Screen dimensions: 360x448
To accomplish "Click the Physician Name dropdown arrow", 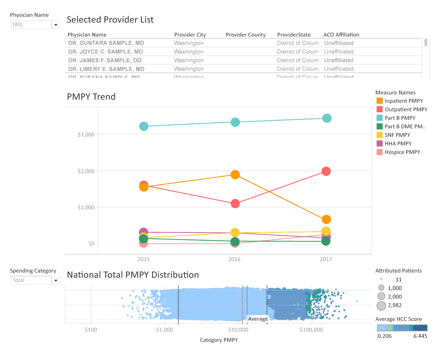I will pos(56,25).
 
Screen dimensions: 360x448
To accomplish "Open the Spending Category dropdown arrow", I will pos(56,280).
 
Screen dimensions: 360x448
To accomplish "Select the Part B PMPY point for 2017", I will pos(327,118).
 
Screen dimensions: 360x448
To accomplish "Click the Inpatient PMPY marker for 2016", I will pos(235,175).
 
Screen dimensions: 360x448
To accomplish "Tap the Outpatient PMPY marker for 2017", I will pos(326,171).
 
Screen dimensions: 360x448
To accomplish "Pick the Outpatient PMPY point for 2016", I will pos(235,204).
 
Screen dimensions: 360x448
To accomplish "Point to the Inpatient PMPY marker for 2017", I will pos(326,219).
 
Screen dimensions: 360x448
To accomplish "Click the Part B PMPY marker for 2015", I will pos(144,126).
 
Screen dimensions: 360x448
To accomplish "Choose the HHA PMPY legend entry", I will pos(398,143).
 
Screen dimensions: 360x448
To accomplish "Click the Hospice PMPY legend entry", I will pos(402,152).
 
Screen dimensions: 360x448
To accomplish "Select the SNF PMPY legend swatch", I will pos(380,135).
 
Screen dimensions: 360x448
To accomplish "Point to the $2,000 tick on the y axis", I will pos(86,171).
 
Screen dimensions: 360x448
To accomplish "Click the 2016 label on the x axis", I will pos(234,259).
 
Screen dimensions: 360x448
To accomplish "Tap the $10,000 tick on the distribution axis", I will pos(238,330).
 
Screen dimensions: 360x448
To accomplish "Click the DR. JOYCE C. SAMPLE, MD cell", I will pos(106,52).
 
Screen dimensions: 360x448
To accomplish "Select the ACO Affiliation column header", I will pos(341,35).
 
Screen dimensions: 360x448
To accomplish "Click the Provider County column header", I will pos(246,35).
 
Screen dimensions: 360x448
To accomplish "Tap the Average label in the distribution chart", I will pos(258,319).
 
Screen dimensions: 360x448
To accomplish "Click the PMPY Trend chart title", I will pos(91,97).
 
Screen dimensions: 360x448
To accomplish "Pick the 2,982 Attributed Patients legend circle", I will pos(381,306).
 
